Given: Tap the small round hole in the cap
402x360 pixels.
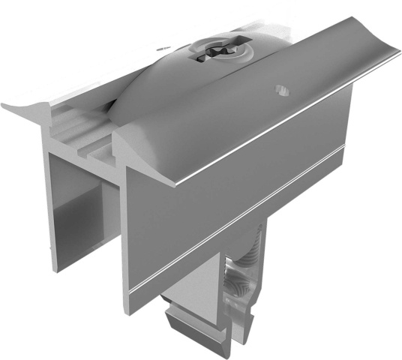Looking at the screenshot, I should click(x=280, y=89).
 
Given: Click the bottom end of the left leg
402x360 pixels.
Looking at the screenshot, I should click(x=56, y=266).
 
